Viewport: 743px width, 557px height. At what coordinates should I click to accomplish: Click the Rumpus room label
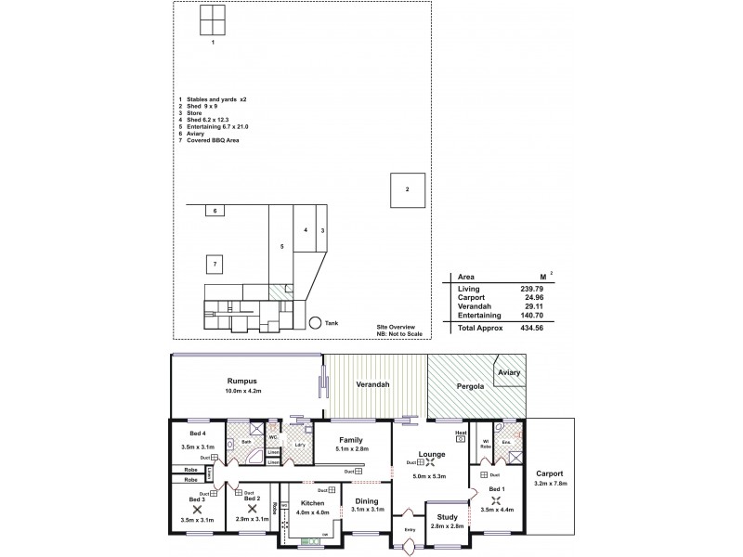(242, 382)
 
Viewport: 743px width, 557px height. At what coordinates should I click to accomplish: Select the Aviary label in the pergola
(509, 372)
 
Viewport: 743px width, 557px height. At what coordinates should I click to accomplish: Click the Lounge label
(431, 454)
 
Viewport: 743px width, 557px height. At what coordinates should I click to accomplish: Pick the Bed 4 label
(197, 434)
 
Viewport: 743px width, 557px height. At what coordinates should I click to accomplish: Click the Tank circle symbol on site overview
(316, 322)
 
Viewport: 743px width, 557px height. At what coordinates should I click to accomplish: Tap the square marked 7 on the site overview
(215, 265)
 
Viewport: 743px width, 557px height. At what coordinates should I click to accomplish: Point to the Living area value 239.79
(531, 289)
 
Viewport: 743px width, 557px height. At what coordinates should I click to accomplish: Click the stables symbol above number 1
(213, 19)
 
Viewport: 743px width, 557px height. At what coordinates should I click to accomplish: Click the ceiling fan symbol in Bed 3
(197, 510)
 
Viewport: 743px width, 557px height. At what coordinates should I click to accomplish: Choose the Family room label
(351, 440)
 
